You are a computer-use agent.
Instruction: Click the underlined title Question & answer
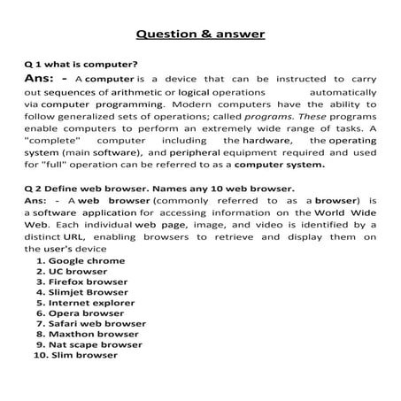click(x=199, y=35)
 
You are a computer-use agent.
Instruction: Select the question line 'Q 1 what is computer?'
click(x=81, y=66)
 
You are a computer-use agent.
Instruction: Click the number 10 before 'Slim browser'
click(x=39, y=356)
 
